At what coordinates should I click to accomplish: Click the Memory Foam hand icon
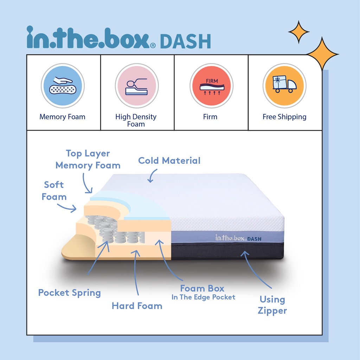tap(63, 86)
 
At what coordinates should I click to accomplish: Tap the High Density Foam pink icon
tap(137, 86)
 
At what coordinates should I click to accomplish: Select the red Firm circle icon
tap(211, 86)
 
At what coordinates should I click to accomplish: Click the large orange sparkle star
tap(322, 54)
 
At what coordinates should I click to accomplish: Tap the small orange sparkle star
tap(299, 32)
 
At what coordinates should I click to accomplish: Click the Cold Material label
tap(169, 161)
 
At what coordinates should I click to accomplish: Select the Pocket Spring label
tap(69, 293)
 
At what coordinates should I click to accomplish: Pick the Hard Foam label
tap(137, 306)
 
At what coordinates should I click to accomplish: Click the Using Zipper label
tap(272, 305)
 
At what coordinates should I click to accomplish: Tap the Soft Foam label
tap(54, 191)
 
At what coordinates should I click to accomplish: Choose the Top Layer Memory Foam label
tap(88, 159)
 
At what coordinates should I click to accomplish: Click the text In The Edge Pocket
tap(204, 297)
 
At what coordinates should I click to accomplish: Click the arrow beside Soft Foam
tap(67, 207)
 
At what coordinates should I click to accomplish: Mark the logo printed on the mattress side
tap(238, 238)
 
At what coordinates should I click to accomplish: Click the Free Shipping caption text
tap(284, 117)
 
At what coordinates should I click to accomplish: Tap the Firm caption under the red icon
tap(210, 117)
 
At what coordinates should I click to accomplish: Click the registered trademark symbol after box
tap(153, 45)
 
